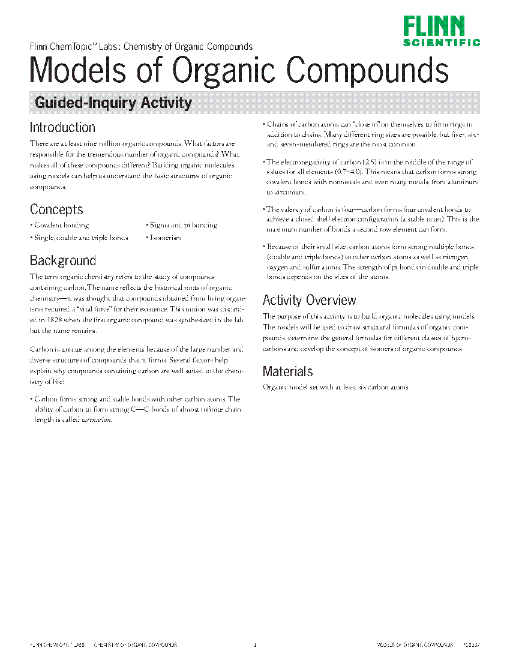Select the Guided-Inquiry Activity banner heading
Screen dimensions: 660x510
113,103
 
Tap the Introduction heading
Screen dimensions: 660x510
62,127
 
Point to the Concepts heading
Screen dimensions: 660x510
56,209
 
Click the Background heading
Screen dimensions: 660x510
63,260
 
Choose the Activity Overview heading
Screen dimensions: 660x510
309,300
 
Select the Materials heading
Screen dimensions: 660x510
287,371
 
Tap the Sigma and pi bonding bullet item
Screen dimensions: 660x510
183,225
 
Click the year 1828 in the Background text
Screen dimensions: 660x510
47,320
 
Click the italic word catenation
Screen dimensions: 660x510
96,419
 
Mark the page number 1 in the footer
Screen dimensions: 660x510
255,645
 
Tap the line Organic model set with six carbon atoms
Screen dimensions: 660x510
335,387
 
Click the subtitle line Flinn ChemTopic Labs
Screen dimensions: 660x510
141,46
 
